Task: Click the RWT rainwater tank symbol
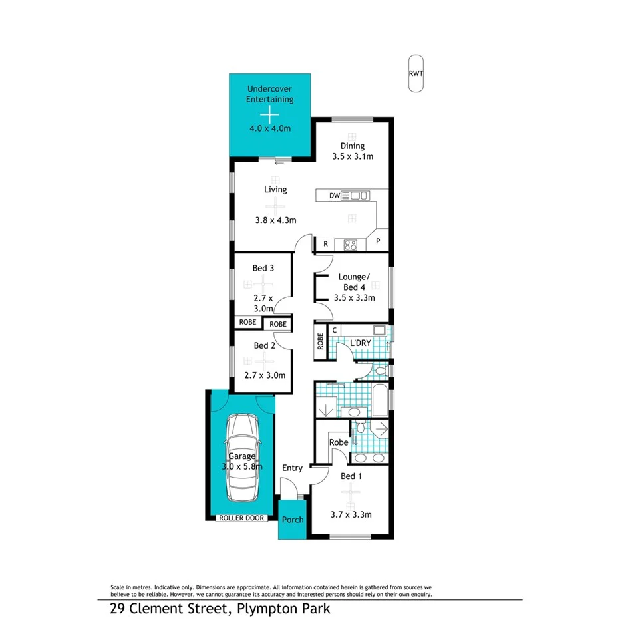416,74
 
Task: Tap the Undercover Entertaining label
269,94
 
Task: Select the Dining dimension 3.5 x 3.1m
353,157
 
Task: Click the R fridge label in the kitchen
326,244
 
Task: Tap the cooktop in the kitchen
350,245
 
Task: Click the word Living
275,190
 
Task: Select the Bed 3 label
263,268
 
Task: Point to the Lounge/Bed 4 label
353,282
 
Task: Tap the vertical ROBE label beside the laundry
321,341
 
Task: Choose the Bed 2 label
264,345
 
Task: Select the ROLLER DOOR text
240,518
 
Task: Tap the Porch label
293,520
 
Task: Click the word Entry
292,468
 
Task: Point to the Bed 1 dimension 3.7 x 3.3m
351,514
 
